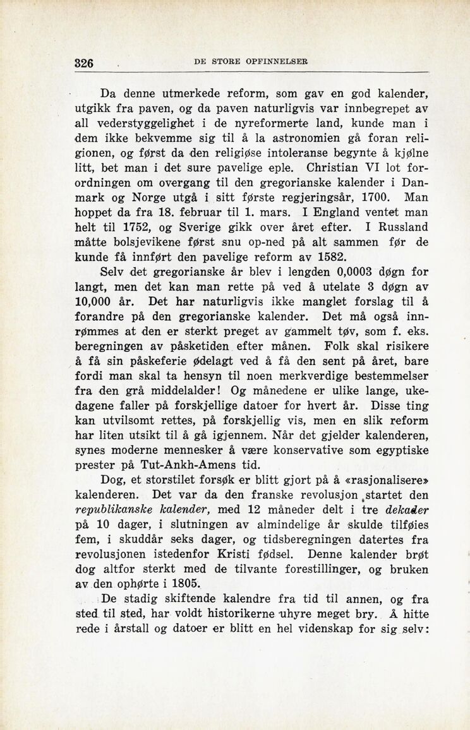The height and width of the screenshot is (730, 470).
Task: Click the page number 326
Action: point(84,63)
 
